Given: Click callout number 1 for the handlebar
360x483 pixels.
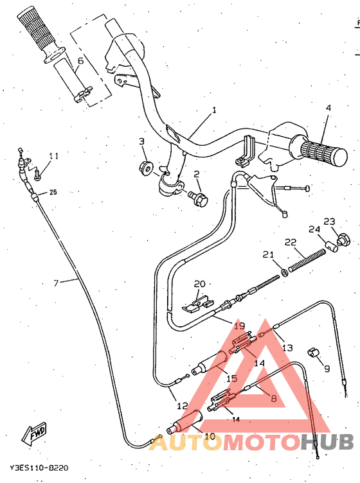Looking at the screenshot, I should point(214,110).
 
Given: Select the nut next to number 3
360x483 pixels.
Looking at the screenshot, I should point(146,168).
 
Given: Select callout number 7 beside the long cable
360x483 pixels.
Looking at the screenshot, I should point(57,282).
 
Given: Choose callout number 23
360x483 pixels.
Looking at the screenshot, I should point(330,222).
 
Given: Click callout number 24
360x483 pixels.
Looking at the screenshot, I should point(314,229).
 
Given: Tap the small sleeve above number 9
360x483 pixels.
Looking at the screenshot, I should point(314,351).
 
